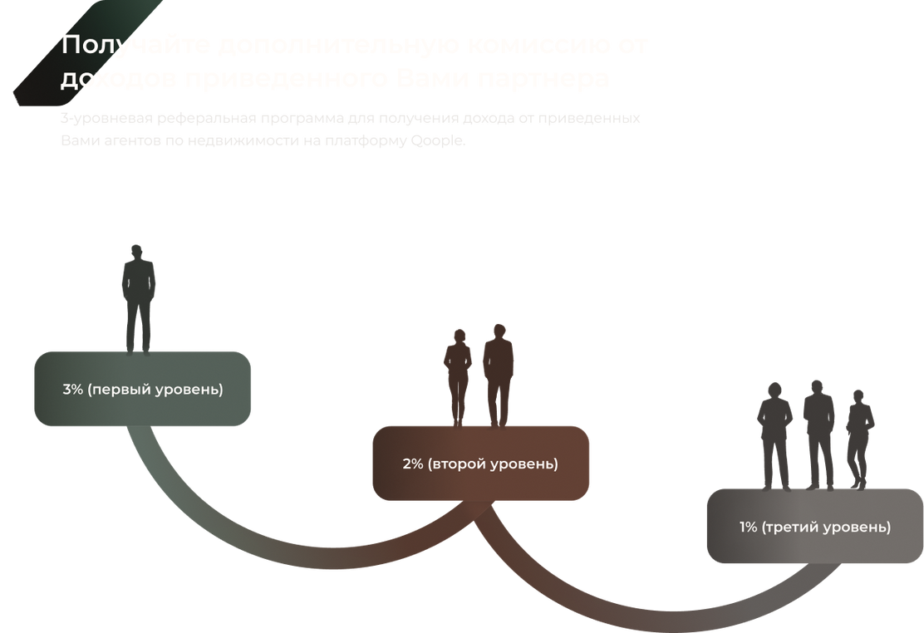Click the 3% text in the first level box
(73, 389)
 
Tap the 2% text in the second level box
(413, 464)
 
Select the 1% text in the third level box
(749, 527)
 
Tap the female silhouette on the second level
(457, 378)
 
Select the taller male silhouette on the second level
(499, 374)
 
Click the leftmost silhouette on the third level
(774, 436)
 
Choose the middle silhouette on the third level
(818, 434)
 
